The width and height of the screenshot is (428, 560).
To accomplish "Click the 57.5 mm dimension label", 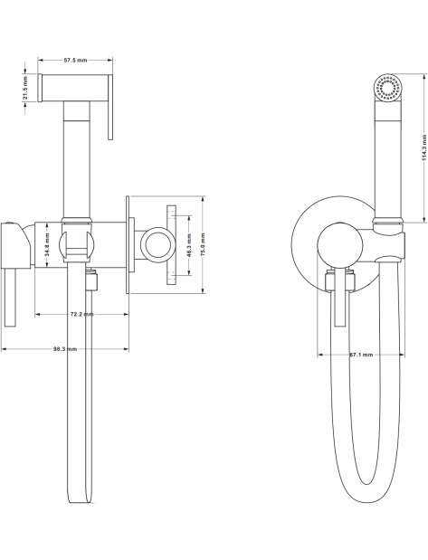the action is pyautogui.click(x=75, y=61).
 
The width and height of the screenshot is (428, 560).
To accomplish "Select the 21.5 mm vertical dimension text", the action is pyautogui.click(x=25, y=88).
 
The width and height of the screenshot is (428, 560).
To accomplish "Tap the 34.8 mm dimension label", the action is pyautogui.click(x=48, y=244).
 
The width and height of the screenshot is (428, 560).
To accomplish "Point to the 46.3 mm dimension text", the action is pyautogui.click(x=189, y=245).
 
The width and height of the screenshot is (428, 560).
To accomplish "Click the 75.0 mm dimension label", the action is pyautogui.click(x=203, y=245).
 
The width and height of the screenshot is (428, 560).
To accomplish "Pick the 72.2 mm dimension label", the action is pyautogui.click(x=81, y=314).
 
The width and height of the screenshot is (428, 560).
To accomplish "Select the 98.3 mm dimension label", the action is pyautogui.click(x=65, y=349).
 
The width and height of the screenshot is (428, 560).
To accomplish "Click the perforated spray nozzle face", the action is pyautogui.click(x=387, y=89).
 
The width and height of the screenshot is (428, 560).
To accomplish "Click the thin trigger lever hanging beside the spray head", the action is pyautogui.click(x=110, y=107).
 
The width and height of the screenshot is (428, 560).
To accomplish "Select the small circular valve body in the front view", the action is pyautogui.click(x=339, y=246).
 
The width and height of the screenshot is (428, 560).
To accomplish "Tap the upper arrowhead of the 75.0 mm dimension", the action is pyautogui.click(x=203, y=198).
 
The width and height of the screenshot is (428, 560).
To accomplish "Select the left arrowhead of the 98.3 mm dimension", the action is pyautogui.click(x=5, y=349).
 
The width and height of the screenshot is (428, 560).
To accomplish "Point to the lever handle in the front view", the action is pyautogui.click(x=339, y=297).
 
